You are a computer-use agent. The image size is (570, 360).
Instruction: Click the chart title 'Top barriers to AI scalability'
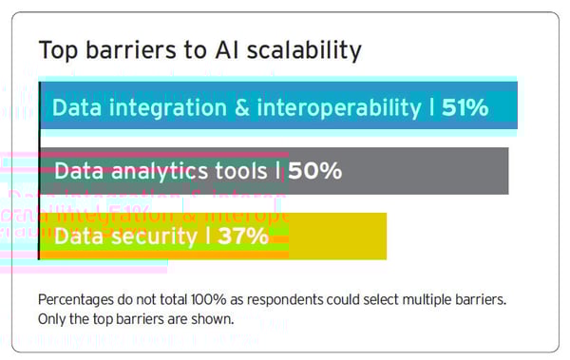coord(199,49)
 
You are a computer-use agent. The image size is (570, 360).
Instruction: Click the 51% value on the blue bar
coord(465,107)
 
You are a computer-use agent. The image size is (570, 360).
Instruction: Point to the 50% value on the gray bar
coord(314,172)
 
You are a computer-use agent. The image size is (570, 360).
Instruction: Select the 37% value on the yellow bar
coord(243,237)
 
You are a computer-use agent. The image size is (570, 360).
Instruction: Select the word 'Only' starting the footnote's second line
coord(52,318)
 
